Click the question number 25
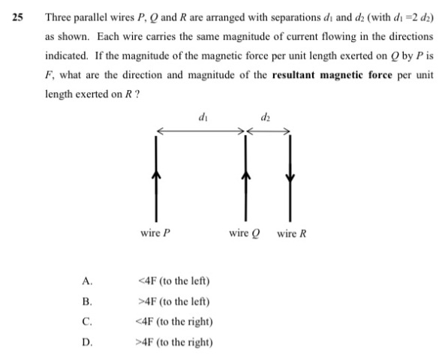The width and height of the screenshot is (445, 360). (17, 17)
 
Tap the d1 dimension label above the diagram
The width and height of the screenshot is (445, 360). (203, 116)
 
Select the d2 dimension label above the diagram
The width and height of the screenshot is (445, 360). (266, 116)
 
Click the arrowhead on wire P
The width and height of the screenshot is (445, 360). (156, 174)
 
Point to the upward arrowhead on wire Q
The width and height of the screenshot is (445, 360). (246, 174)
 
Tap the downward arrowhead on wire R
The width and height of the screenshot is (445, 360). (290, 178)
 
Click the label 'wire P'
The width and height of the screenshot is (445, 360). (155, 233)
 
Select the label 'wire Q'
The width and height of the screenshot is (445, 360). (245, 233)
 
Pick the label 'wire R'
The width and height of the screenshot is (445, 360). (292, 234)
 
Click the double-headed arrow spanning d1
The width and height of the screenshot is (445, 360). (200, 131)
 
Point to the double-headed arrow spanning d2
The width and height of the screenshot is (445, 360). (268, 131)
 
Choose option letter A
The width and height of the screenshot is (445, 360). (87, 281)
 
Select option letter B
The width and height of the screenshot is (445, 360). (87, 301)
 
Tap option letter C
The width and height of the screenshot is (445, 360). (87, 322)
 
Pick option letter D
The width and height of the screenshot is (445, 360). (87, 343)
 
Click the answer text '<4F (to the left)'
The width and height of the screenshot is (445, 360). (174, 281)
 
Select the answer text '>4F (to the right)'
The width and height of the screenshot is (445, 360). (174, 343)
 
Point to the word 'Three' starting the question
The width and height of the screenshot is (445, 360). (59, 17)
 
